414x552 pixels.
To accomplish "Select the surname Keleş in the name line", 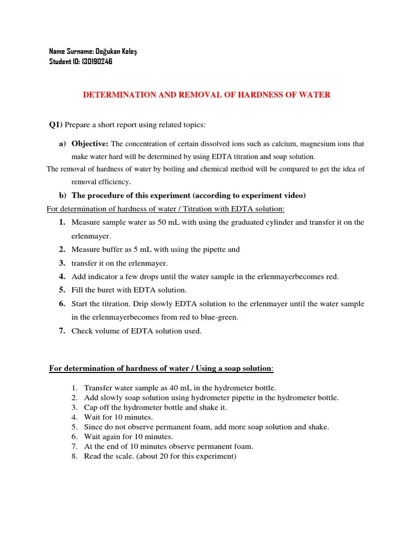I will tap(134, 51).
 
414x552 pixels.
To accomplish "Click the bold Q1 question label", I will tap(56, 125).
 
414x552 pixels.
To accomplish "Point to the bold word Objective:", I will tap(90, 144).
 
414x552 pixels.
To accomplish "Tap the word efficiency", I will tap(114, 182).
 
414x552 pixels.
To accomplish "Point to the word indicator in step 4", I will tap(101, 277).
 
